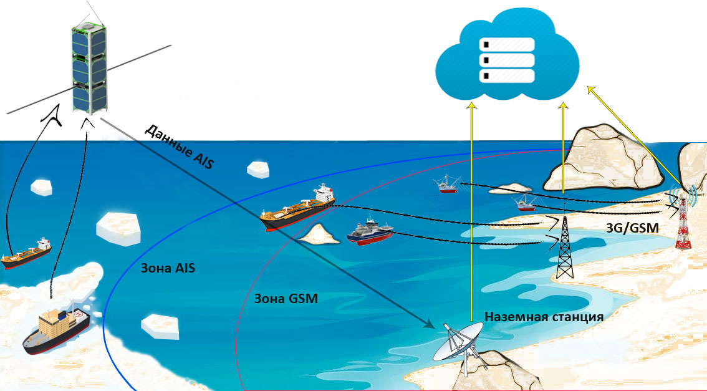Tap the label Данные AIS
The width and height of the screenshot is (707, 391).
click(180, 147)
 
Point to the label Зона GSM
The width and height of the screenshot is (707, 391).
click(286, 298)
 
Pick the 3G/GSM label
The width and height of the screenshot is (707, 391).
click(632, 228)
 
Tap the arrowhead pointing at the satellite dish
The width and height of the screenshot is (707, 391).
click(430, 324)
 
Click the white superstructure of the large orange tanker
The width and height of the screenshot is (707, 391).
click(324, 193)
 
